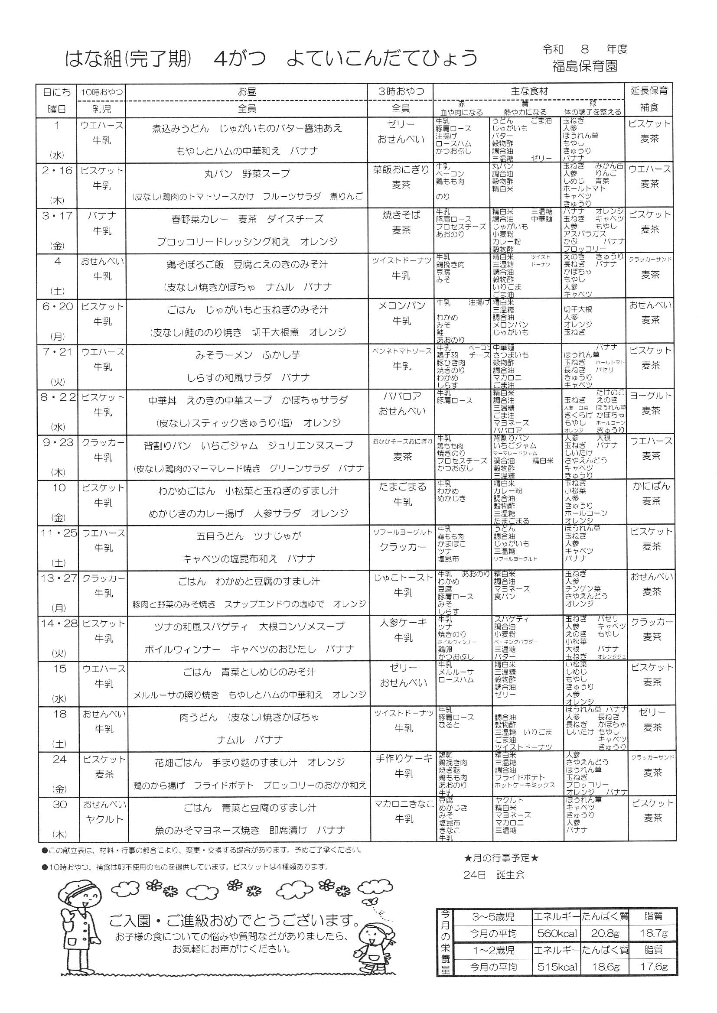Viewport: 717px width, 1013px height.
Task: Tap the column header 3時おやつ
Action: (401, 92)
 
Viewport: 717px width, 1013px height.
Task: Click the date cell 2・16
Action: (57, 171)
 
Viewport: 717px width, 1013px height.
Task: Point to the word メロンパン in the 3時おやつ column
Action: (401, 306)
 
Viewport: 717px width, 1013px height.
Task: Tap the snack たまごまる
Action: (403, 487)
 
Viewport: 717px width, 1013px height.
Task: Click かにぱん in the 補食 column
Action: (651, 486)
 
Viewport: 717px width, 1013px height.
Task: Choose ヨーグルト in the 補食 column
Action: (651, 396)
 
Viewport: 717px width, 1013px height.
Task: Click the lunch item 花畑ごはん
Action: (178, 762)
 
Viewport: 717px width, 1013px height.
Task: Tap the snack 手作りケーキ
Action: (404, 758)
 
